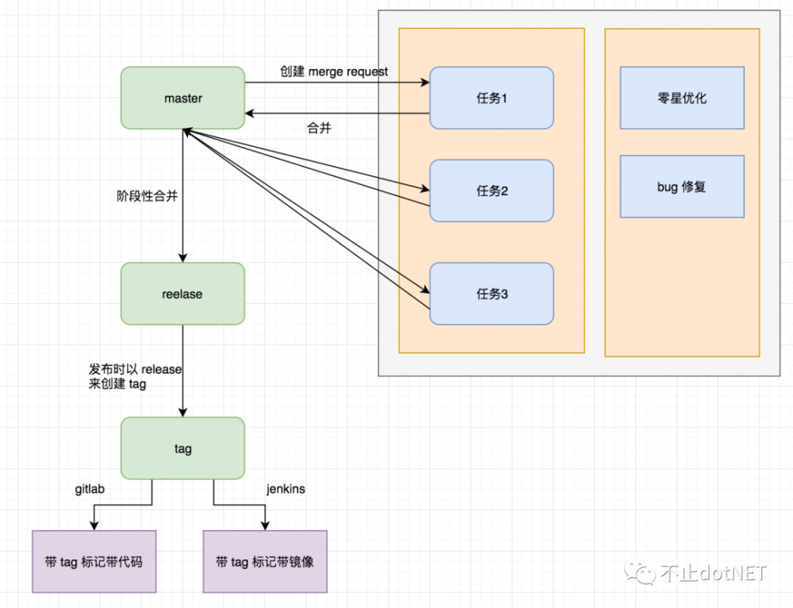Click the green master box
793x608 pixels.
coord(182,98)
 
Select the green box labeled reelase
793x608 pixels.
coord(182,294)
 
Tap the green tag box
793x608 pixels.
coord(182,448)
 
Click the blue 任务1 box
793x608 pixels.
coord(492,98)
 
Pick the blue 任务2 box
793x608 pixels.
coord(492,190)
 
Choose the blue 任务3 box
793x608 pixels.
coord(492,294)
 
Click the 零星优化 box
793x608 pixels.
coord(682,98)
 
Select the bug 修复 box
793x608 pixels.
coord(682,187)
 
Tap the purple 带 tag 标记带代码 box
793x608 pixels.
coord(94,561)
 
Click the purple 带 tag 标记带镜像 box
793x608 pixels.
coord(265,561)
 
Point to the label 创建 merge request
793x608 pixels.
coord(334,71)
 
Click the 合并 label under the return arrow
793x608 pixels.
coord(319,128)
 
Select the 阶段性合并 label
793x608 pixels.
coord(147,196)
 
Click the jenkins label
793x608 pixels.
coord(285,489)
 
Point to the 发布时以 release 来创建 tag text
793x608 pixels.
coord(135,376)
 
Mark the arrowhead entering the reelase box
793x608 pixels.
coord(183,257)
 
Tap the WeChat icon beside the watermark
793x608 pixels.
coord(641,571)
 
